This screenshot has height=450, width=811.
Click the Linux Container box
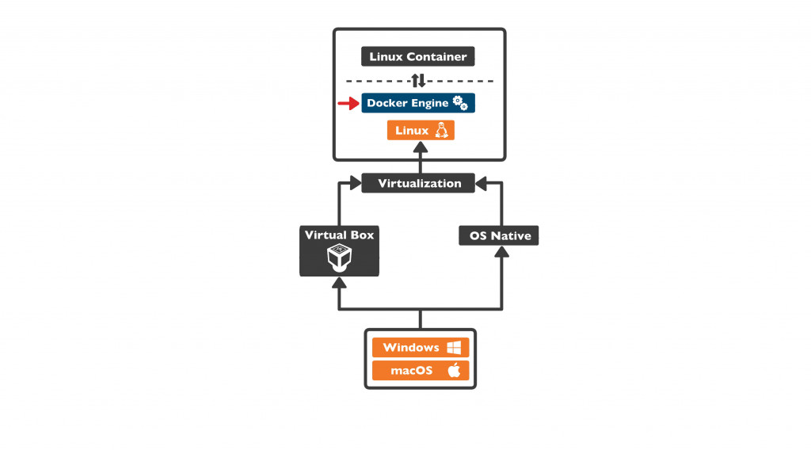(418, 57)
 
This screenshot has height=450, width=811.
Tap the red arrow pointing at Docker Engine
(348, 103)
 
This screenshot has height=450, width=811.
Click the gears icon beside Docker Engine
(460, 103)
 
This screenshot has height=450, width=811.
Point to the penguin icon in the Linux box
(441, 131)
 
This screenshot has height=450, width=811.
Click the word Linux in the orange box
(412, 131)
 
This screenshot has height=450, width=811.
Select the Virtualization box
(419, 183)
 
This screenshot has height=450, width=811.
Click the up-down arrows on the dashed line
(419, 81)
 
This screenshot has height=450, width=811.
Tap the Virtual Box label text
(339, 235)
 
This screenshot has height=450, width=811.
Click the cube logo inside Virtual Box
(339, 257)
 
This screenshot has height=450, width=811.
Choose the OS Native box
(499, 235)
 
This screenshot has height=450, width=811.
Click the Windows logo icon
(454, 348)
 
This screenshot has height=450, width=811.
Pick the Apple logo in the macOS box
(454, 370)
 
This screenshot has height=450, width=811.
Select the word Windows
(410, 348)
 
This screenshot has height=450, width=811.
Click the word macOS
(412, 370)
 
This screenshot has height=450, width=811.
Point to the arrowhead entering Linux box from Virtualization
(421, 147)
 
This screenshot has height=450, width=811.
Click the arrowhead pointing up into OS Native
(500, 252)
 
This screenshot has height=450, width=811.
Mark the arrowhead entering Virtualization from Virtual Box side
(356, 184)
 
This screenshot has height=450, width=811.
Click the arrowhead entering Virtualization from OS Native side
(482, 184)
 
